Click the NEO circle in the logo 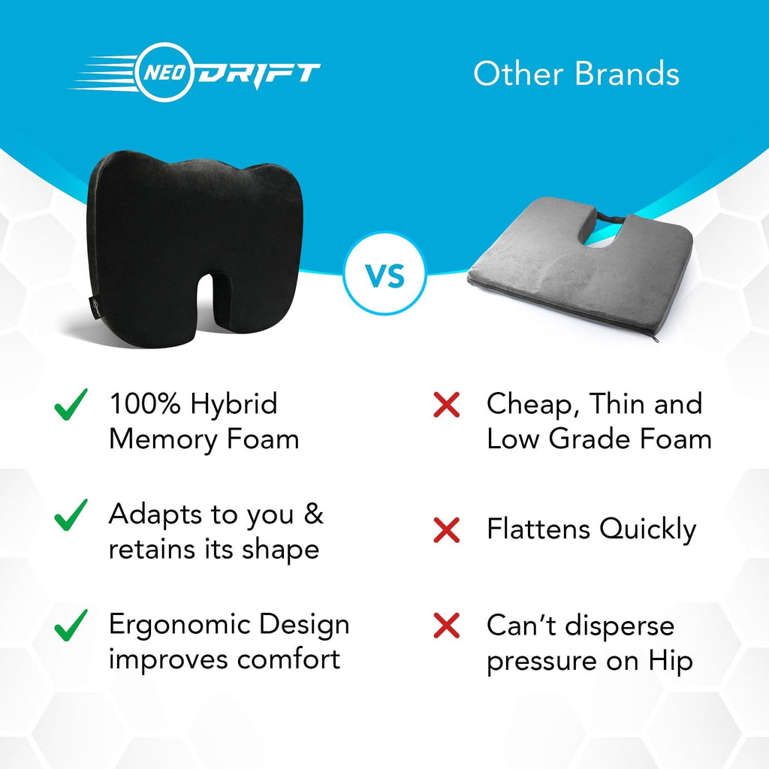[164, 73]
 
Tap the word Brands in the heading [626, 74]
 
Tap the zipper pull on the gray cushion [655, 339]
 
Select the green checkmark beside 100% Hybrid [71, 405]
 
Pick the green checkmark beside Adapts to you [71, 515]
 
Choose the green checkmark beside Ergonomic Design [71, 626]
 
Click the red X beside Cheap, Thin [446, 405]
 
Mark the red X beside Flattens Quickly [446, 530]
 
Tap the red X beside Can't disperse [446, 626]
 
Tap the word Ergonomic [180, 626]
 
